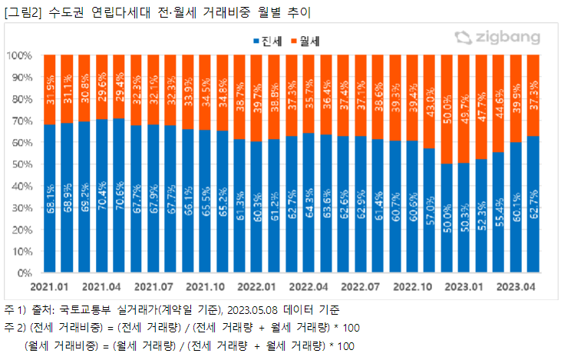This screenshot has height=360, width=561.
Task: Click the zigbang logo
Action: click(x=497, y=38)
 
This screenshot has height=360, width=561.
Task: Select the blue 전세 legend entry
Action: click(x=268, y=39)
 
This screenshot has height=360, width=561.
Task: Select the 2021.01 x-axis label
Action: click(x=51, y=286)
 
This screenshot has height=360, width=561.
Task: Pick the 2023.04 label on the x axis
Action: click(x=517, y=286)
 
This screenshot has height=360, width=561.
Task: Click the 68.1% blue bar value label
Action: click(x=51, y=197)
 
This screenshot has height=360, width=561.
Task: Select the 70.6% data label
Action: click(x=120, y=195)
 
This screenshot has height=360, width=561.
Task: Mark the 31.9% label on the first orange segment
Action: click(x=51, y=88)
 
